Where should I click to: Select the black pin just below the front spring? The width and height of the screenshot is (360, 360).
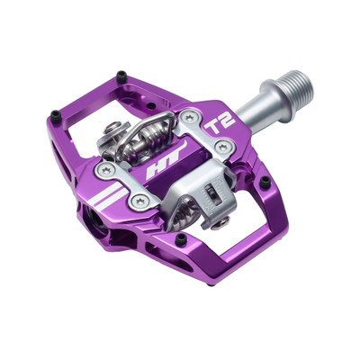tap(182, 238)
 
